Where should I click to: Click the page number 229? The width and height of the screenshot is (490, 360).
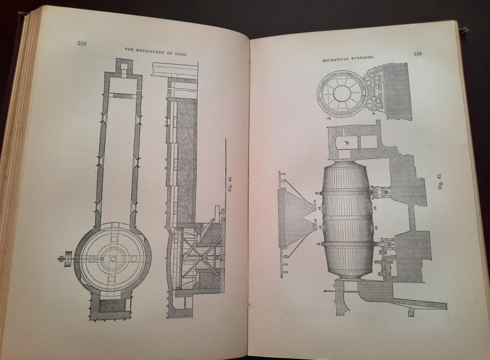pyautogui.click(x=419, y=55)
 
